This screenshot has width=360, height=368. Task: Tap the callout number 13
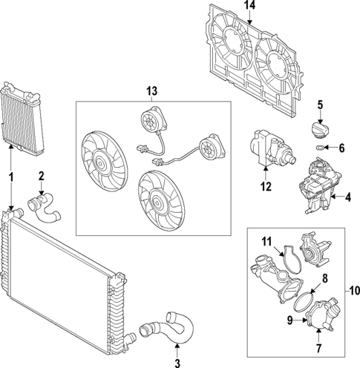pyautogui.click(x=152, y=91)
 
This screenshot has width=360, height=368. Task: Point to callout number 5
pyautogui.click(x=320, y=104)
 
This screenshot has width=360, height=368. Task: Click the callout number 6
pyautogui.click(x=341, y=148)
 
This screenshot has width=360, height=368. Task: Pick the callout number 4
pyautogui.click(x=347, y=197)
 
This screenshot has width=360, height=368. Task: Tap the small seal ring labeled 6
pyautogui.click(x=318, y=148)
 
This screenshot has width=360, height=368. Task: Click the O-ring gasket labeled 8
pyautogui.click(x=304, y=301)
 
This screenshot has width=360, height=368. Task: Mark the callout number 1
pyautogui.click(x=11, y=177)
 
